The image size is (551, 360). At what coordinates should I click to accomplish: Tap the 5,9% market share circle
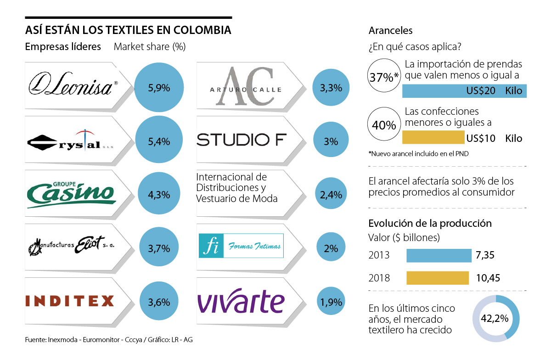tap(159, 87)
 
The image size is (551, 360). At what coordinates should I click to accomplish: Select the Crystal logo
tap(69, 141)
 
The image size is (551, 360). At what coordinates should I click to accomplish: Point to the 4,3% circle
tap(159, 195)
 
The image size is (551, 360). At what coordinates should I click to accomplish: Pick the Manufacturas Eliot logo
tap(72, 247)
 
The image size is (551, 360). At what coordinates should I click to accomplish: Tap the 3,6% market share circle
tap(159, 302)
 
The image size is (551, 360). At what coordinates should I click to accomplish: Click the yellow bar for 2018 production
tap(438, 278)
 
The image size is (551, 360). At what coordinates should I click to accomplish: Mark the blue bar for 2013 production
tap(439, 255)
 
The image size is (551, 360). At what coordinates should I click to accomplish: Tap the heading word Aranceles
tap(390, 31)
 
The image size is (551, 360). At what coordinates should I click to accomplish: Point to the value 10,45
tap(488, 278)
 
